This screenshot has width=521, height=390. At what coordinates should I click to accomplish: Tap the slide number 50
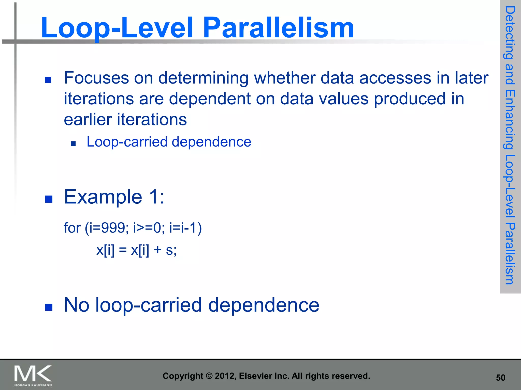[x=500, y=378]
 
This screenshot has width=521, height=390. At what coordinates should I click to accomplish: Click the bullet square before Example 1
[x=49, y=199]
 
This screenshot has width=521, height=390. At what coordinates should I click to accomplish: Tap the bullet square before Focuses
[x=48, y=80]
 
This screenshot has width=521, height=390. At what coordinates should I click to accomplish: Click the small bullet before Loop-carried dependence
[x=73, y=144]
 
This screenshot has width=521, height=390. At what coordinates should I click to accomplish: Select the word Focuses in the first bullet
[x=96, y=78]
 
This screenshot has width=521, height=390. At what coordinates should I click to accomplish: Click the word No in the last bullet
[x=77, y=305]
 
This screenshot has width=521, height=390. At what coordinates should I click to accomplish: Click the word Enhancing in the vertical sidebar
[x=510, y=119]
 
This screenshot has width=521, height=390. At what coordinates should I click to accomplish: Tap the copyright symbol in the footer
[x=209, y=376]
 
